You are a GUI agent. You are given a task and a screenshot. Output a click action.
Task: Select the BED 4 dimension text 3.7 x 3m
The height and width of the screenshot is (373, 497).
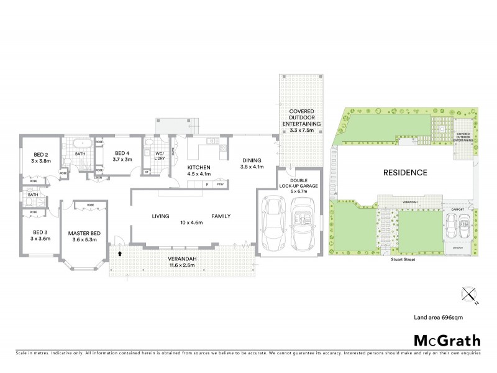click(x=122, y=160)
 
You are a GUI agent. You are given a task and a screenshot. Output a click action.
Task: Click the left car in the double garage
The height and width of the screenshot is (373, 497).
click(x=273, y=224)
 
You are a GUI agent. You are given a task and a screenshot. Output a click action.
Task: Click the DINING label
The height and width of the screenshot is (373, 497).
click(x=252, y=160)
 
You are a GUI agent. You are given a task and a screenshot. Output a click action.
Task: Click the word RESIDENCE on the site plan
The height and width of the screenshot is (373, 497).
click(x=404, y=172)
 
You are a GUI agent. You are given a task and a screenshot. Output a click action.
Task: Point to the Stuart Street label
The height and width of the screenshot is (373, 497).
click(x=404, y=260)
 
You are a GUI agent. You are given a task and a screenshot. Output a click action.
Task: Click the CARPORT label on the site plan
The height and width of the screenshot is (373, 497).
click(x=458, y=210)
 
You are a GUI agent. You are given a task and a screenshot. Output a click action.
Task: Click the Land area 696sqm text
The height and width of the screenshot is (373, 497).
click(x=439, y=317)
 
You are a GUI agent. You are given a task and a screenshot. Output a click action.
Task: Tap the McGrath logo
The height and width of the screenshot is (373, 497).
click(x=446, y=340)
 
